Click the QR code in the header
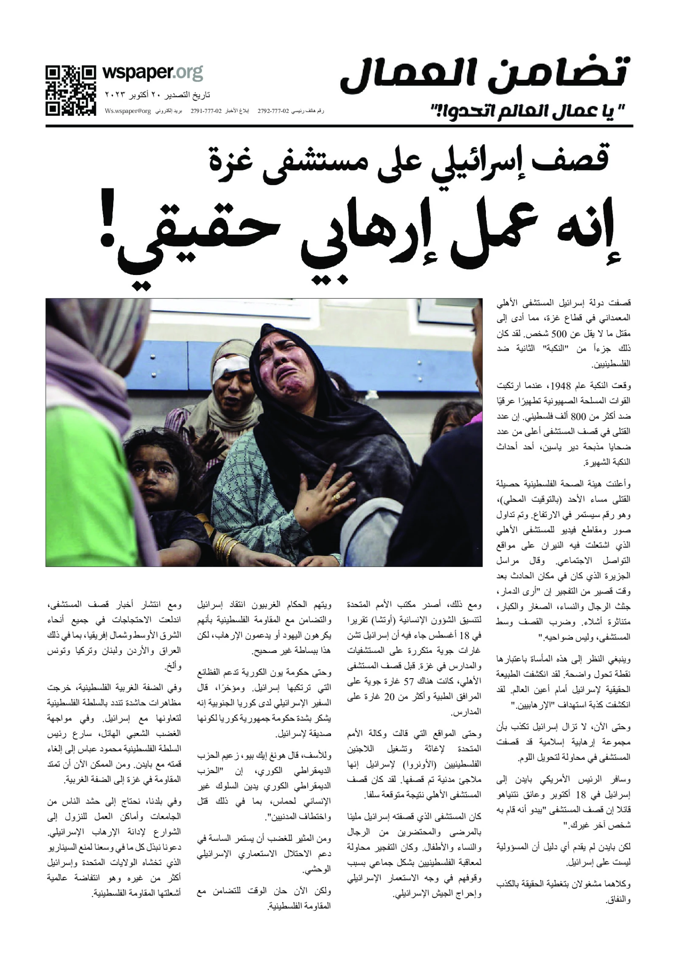(x=70, y=90)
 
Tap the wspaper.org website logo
(x=153, y=73)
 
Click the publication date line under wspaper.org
(x=157, y=95)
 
